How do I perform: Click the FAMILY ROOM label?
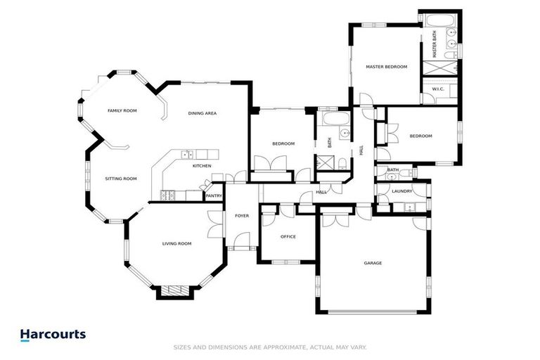pos(122,111)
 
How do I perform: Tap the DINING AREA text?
pos(202,113)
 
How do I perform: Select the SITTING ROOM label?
pos(120,179)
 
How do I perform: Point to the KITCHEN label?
pos(202,166)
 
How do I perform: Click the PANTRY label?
pos(214,196)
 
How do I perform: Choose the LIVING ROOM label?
pos(176,244)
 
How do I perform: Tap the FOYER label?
pos(242,216)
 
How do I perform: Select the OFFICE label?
pos(288,237)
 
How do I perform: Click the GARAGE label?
pos(373,263)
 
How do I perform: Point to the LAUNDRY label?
pos(402,191)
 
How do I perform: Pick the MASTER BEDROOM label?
pos(386,67)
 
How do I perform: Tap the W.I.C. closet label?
pos(437,89)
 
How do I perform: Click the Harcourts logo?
pos(53,335)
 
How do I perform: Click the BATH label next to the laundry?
pos(393,169)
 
